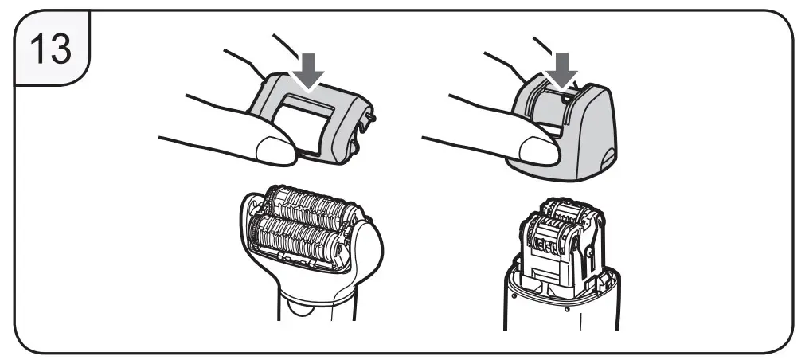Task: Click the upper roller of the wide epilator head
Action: [x=307, y=204]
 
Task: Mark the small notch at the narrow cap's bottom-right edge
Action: [x=611, y=158]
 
